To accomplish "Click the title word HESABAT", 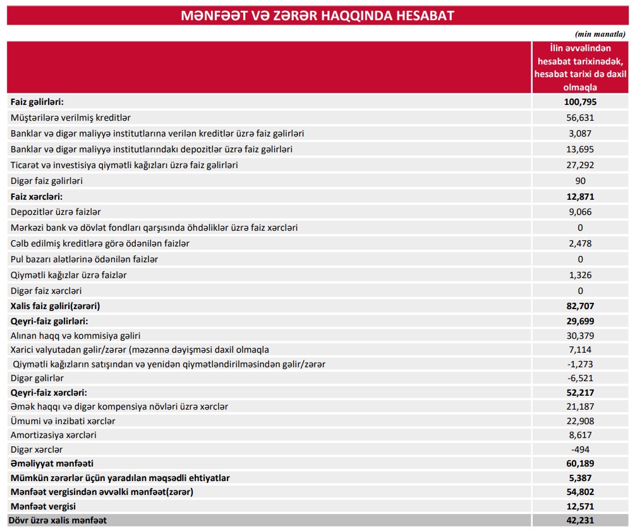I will pos(425,16).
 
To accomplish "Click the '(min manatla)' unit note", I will pos(600,34).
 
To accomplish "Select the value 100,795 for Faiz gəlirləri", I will pos(580,102).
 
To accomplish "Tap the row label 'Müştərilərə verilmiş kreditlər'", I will pos(71,118).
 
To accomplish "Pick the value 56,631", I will pos(581,118).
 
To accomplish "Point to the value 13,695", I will pos(581,149).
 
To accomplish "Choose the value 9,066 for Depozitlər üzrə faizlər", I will pos(581,212).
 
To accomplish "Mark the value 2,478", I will pos(581,243).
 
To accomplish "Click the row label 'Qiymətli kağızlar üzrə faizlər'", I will pos(73,275).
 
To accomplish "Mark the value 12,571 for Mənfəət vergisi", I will pos(580,506).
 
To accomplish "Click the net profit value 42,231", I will pos(580,520).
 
